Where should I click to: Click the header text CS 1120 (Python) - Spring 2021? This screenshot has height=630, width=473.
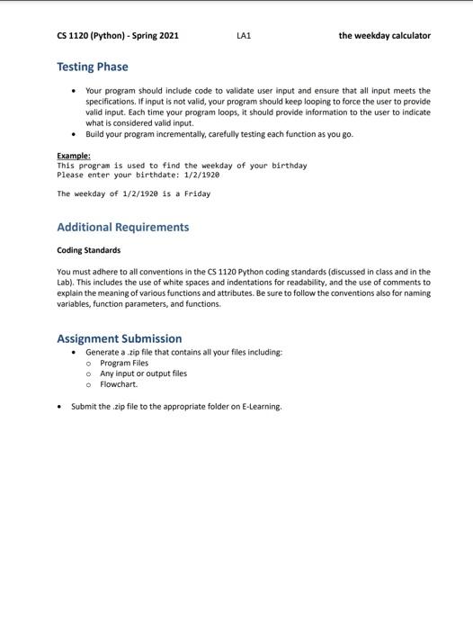(x=118, y=36)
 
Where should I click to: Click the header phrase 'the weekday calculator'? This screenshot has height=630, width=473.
(x=384, y=36)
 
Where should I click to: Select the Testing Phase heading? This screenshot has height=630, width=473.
(x=93, y=67)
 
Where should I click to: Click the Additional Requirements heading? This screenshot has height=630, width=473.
(x=123, y=227)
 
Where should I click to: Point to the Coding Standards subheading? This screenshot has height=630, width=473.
(x=88, y=250)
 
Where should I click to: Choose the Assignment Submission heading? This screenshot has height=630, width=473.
(x=120, y=338)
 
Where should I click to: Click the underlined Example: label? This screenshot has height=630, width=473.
(x=74, y=156)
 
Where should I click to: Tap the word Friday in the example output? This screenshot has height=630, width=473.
(x=197, y=193)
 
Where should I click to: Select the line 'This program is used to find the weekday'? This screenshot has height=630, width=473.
(x=182, y=166)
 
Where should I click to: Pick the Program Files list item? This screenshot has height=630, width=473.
(x=124, y=363)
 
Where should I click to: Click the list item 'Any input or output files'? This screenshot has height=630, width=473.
(x=144, y=373)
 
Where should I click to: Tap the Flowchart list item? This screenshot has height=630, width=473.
(x=119, y=384)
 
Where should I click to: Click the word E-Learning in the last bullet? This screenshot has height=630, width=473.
(x=260, y=406)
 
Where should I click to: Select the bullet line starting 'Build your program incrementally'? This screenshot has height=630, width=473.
(x=219, y=134)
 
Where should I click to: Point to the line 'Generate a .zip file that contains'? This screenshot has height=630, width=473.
(x=183, y=352)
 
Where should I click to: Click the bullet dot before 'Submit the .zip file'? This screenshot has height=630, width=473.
(x=59, y=406)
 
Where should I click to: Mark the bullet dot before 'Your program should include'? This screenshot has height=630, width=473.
(x=73, y=91)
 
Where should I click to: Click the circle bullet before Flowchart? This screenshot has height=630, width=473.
(x=88, y=384)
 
